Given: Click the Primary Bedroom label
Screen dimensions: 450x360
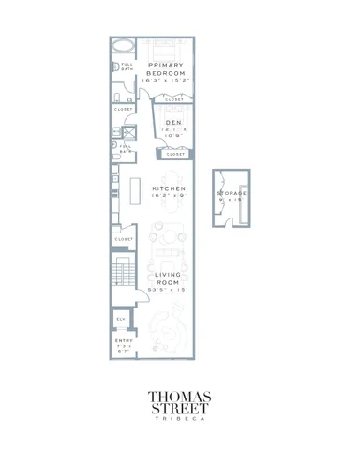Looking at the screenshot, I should [166, 68].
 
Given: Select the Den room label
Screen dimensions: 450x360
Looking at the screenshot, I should [173, 123].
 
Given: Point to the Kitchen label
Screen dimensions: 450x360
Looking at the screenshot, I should [169, 187].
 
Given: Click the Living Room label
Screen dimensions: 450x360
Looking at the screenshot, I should [167, 278].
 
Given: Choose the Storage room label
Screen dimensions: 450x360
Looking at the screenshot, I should [232, 193].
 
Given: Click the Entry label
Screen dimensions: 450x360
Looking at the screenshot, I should [124, 341].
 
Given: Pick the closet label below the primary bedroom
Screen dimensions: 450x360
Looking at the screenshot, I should [174, 98].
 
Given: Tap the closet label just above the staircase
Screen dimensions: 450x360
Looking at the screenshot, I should [124, 239].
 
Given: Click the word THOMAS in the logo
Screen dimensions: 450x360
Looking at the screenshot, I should [180, 397].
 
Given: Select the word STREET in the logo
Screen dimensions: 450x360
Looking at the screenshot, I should [180, 410].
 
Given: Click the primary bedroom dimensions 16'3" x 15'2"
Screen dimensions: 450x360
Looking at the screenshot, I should [166, 81].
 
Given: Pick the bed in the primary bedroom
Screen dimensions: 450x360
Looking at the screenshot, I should [165, 49].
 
